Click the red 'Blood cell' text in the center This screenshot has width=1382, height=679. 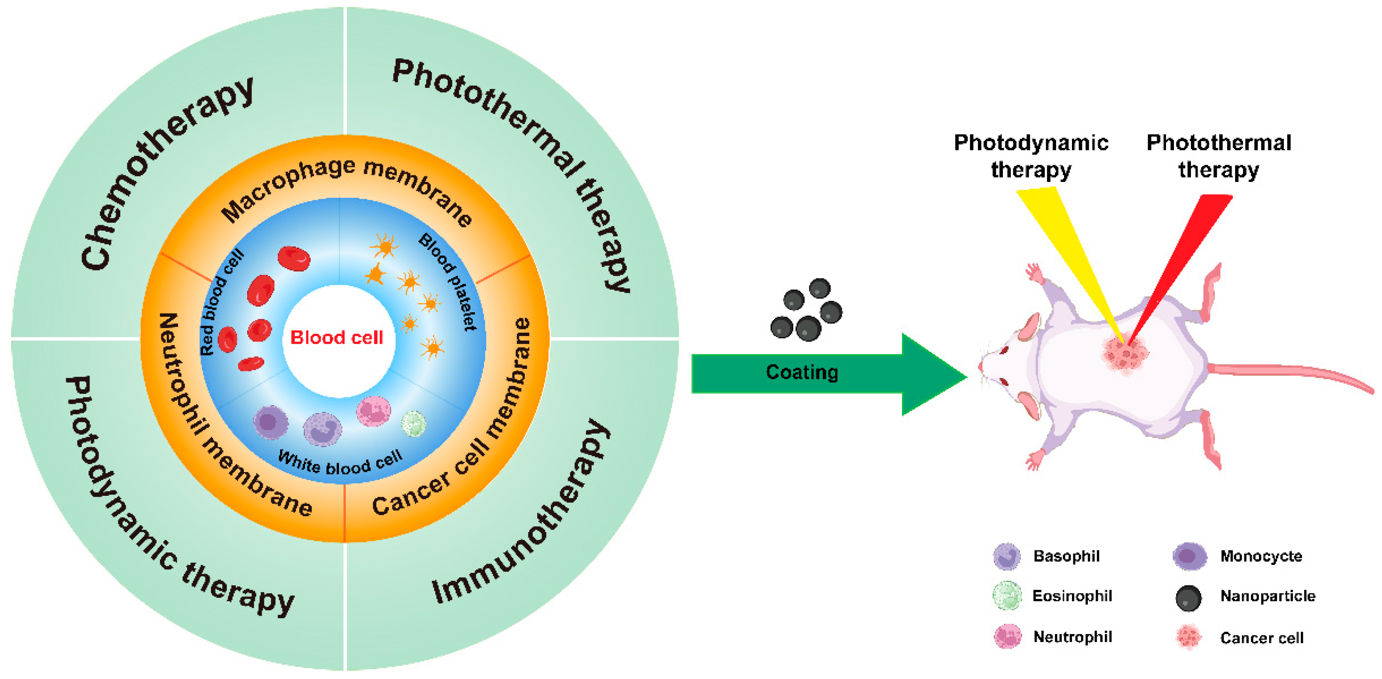(x=336, y=338)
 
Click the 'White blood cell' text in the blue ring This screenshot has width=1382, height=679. (x=340, y=463)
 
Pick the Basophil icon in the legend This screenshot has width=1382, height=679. (x=1007, y=556)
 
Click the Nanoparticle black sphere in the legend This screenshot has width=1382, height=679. (x=1188, y=597)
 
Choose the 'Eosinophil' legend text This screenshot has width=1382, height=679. (x=1072, y=596)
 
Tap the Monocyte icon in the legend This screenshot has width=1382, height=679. (x=1189, y=556)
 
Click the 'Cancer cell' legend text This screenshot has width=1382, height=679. (x=1261, y=638)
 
